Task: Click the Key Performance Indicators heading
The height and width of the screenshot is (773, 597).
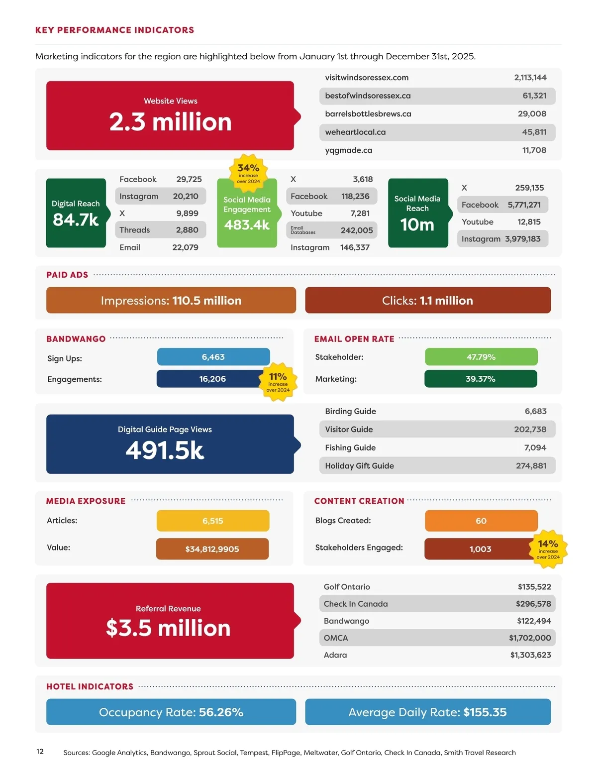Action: [x=114, y=30]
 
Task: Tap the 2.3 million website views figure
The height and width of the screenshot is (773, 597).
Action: [x=170, y=122]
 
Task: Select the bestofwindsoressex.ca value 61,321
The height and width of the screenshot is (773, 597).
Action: [x=534, y=96]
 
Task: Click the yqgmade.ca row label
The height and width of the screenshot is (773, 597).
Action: [x=348, y=150]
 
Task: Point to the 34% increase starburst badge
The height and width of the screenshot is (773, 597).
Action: [x=248, y=172]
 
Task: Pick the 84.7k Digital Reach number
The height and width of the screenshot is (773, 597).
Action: [x=76, y=220]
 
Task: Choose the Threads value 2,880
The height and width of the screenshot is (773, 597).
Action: [x=187, y=230]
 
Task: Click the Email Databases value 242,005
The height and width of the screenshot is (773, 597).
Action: [x=356, y=230]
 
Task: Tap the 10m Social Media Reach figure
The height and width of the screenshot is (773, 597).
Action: [x=417, y=224]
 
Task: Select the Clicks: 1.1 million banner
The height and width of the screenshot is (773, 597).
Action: [x=428, y=300]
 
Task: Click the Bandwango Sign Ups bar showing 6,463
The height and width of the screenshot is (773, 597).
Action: [x=213, y=357]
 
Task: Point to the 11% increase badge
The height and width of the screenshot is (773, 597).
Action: [x=278, y=382]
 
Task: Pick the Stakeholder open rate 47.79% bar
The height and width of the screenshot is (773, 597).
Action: [x=481, y=357]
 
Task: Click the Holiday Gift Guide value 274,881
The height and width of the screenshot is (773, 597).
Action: [x=531, y=466]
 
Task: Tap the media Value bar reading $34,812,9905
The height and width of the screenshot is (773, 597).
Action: [x=212, y=549]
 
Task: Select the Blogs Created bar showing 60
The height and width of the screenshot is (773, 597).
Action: [x=481, y=521]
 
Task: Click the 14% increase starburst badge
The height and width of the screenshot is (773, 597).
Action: [x=548, y=549]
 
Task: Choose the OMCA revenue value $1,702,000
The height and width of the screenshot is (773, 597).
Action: [x=529, y=638]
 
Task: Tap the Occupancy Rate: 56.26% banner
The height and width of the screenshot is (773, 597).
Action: [x=171, y=712]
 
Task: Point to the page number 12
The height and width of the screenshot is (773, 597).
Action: [x=40, y=752]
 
